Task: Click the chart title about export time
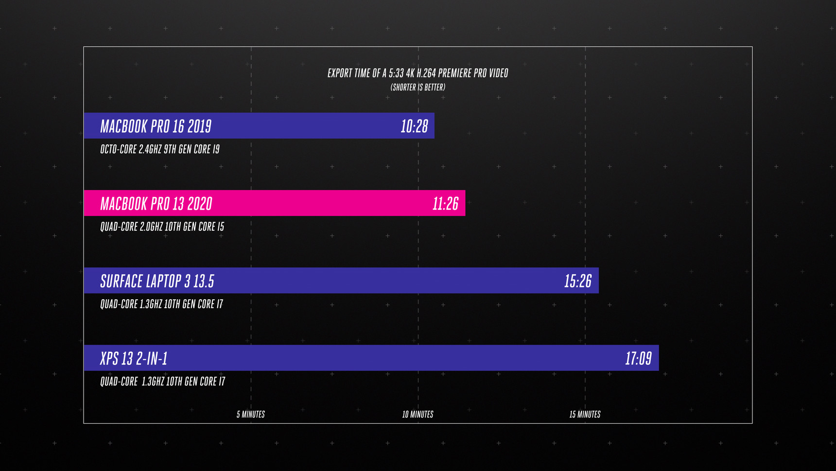[418, 73]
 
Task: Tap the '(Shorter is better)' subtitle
[418, 88]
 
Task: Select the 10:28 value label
[414, 127]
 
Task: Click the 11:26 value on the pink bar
[445, 204]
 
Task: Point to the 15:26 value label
[577, 281]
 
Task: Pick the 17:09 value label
[638, 359]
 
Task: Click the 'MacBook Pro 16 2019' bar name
[156, 127]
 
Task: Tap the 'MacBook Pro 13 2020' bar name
[156, 204]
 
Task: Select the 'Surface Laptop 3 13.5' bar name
[157, 281]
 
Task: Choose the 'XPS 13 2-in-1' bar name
[134, 359]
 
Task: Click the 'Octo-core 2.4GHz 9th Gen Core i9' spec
[160, 149]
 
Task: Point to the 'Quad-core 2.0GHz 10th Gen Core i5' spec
[162, 227]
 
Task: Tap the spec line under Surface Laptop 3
[161, 304]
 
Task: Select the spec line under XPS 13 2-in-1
[162, 381]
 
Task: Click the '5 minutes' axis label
[251, 415]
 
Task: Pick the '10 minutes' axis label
[418, 415]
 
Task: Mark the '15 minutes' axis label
[585, 415]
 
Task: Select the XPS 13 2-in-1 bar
[389, 358]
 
